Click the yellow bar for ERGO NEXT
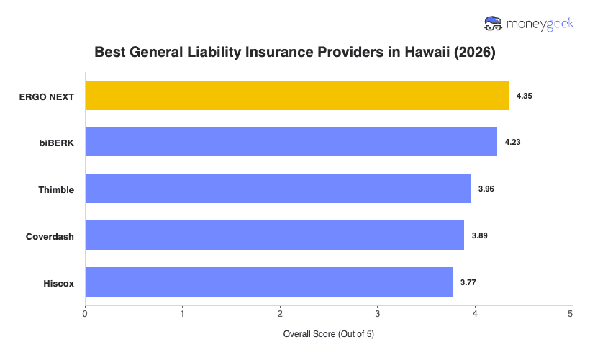(296, 96)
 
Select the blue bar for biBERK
(291, 142)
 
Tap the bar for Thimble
(278, 189)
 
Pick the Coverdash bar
(274, 235)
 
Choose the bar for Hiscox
(268, 282)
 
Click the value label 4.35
(524, 96)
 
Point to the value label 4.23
(512, 142)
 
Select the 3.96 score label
(486, 189)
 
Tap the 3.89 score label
(480, 235)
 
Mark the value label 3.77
(468, 282)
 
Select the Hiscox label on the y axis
(58, 282)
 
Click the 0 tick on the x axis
(85, 313)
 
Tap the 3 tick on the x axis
(377, 313)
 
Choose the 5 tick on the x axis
(571, 313)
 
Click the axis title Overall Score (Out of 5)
(329, 334)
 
